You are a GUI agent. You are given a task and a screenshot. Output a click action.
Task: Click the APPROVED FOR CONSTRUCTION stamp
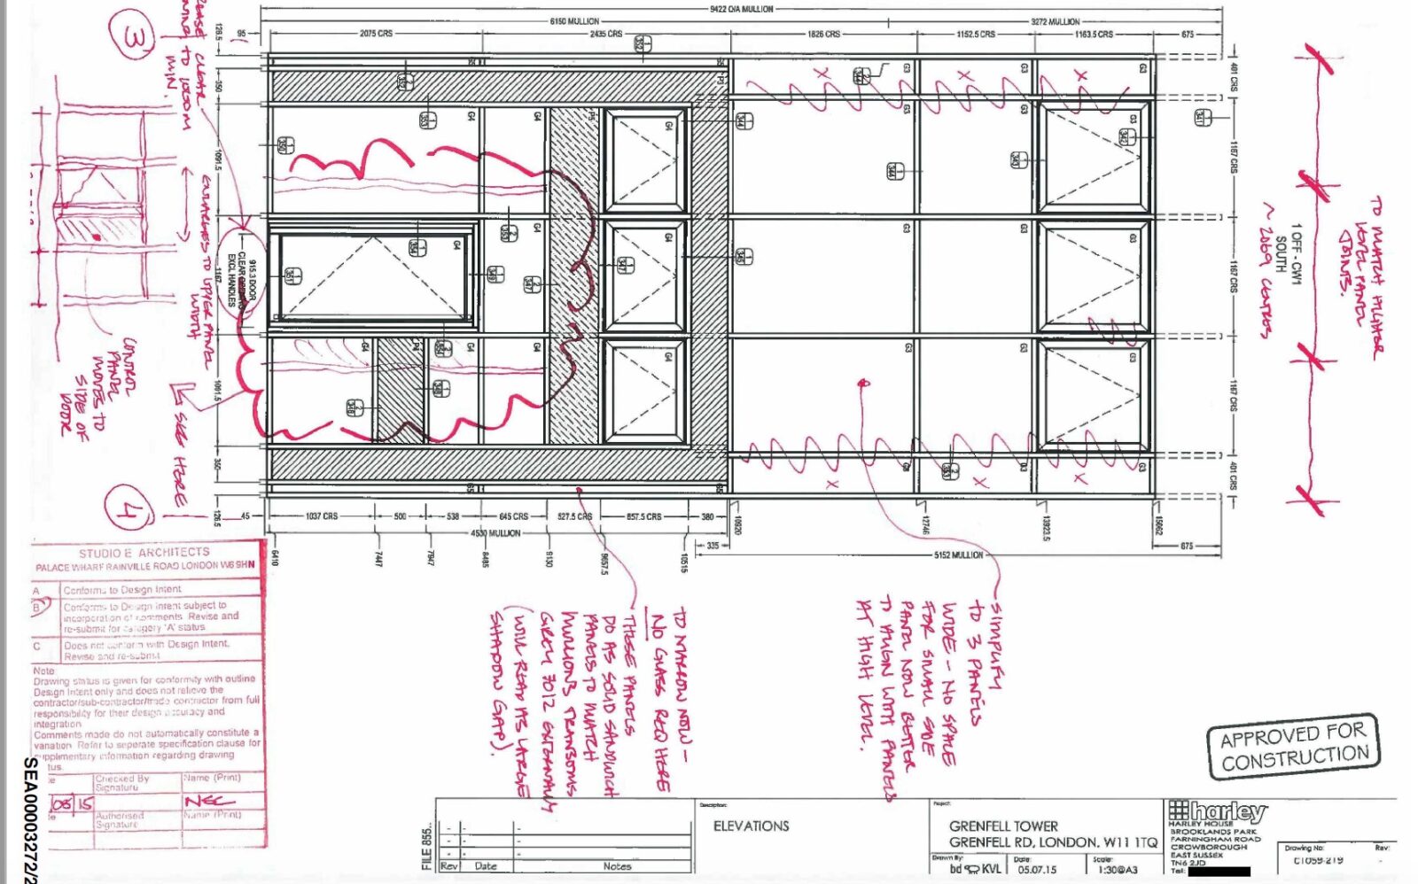pyautogui.click(x=1293, y=746)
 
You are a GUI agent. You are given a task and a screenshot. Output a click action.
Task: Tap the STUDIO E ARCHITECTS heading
pyautogui.click(x=144, y=553)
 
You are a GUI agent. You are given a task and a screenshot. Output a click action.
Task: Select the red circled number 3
pyautogui.click(x=132, y=38)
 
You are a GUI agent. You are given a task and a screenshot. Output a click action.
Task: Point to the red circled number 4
pyautogui.click(x=129, y=509)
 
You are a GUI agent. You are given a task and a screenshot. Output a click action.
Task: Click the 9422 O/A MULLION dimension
pyautogui.click(x=742, y=9)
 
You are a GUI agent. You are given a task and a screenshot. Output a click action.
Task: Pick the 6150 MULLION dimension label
pyautogui.click(x=574, y=21)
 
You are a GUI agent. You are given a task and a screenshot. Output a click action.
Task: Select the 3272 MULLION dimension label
pyautogui.click(x=1055, y=21)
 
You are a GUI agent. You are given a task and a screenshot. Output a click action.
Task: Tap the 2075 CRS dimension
pyautogui.click(x=376, y=34)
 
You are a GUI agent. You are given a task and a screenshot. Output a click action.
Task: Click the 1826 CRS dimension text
pyautogui.click(x=823, y=34)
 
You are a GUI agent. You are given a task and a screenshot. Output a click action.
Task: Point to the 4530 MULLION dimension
pyautogui.click(x=495, y=533)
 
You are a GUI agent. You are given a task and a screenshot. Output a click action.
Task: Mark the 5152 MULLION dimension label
pyautogui.click(x=958, y=555)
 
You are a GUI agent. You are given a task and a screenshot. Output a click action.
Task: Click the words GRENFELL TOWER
pyautogui.click(x=1003, y=826)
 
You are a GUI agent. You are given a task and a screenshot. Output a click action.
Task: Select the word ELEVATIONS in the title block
pyautogui.click(x=751, y=826)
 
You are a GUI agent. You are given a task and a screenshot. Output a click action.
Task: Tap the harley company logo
pyautogui.click(x=1218, y=810)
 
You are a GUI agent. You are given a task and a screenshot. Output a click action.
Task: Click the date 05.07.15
pyautogui.click(x=1030, y=870)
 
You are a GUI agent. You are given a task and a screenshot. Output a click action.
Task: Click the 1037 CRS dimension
pyautogui.click(x=321, y=516)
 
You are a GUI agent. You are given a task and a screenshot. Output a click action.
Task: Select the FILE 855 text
pyautogui.click(x=427, y=845)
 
